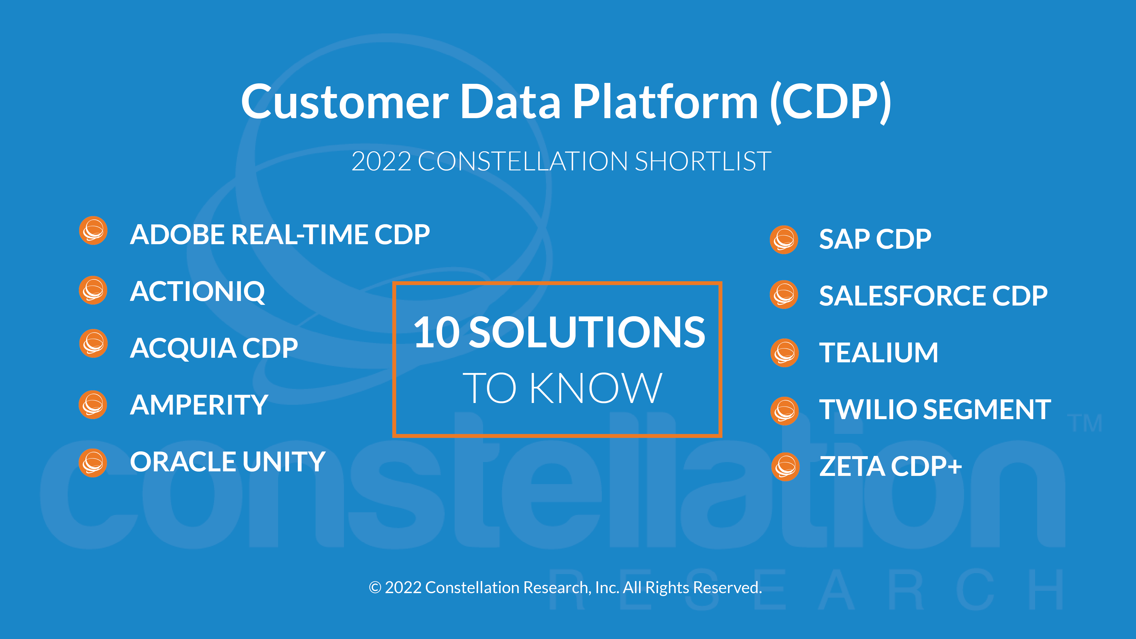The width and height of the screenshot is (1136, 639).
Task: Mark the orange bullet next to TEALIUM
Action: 785,353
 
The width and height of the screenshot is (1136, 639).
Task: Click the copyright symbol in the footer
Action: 375,588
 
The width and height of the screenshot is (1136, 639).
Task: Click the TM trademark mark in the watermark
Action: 1086,423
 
